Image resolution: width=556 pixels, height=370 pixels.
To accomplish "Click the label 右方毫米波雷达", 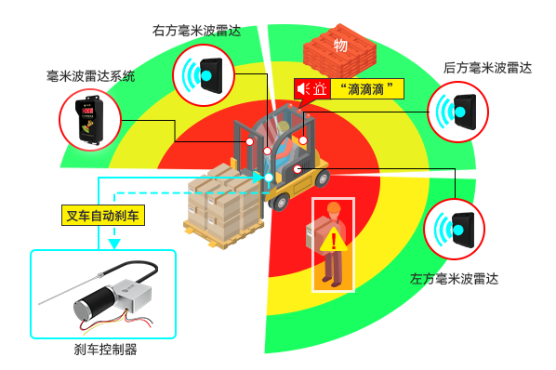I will pyautogui.click(x=196, y=30).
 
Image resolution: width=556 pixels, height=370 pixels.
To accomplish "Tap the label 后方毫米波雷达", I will pyautogui.click(x=488, y=67).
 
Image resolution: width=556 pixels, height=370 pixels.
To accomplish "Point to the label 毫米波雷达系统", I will pyautogui.click(x=91, y=75).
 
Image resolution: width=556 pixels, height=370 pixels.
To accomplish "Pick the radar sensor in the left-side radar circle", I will pyautogui.click(x=458, y=227).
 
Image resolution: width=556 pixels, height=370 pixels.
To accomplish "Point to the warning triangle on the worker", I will pyautogui.click(x=334, y=243).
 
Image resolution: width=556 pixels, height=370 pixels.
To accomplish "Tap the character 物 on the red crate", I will pyautogui.click(x=340, y=46).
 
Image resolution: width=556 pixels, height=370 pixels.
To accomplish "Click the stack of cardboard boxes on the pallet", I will pyautogui.click(x=223, y=200).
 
